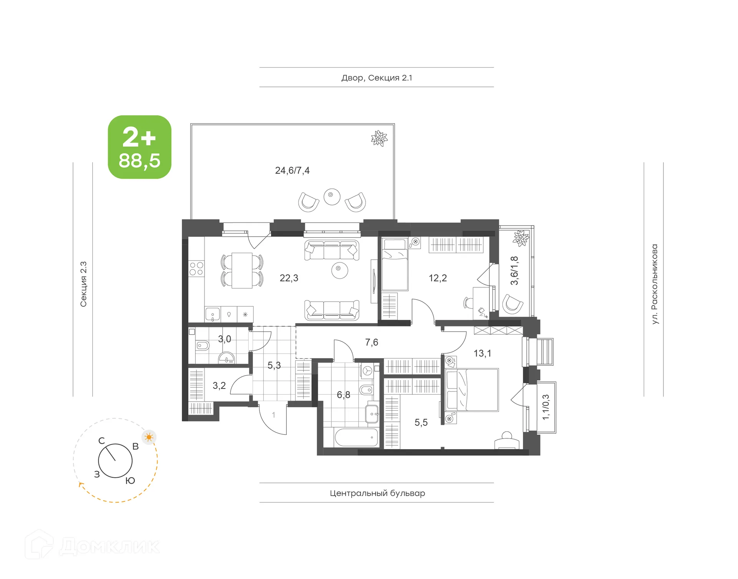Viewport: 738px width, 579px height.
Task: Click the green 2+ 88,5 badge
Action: [x=140, y=147]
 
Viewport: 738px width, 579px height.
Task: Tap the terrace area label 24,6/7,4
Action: [x=292, y=171]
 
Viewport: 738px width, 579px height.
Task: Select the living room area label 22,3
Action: [x=289, y=278]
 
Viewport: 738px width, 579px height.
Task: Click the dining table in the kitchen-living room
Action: [x=242, y=270]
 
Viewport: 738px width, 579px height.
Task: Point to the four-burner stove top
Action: [x=196, y=268]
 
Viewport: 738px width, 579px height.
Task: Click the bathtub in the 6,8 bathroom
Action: [x=356, y=437]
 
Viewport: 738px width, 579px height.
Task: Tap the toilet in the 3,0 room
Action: [x=202, y=346]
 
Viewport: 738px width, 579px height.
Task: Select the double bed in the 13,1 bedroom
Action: [x=472, y=390]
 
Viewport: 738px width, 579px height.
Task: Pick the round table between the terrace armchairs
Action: [x=332, y=197]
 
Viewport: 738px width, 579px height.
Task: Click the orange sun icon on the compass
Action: [x=149, y=437]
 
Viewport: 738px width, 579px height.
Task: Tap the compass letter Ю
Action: [x=130, y=481]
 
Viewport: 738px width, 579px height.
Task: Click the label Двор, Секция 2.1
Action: [x=376, y=78]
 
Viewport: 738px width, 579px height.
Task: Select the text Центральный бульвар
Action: [x=377, y=493]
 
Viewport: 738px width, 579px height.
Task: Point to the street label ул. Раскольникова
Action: [x=654, y=284]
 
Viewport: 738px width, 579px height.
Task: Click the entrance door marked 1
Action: [x=273, y=417]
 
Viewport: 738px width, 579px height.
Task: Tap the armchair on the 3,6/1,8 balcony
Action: [x=512, y=304]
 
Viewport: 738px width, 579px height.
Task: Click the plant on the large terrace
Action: [x=379, y=138]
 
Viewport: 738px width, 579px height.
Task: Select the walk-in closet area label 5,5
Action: [x=421, y=423]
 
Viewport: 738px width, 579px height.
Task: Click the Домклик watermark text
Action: [x=110, y=546]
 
